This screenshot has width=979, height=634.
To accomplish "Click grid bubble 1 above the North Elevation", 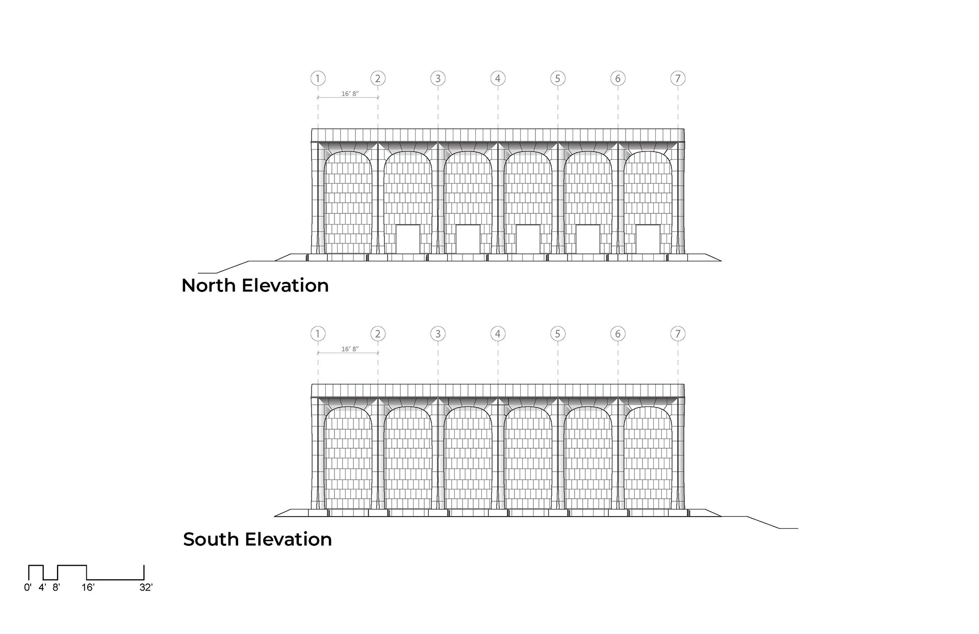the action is tap(318, 78).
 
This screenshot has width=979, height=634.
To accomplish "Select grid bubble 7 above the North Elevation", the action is tap(678, 78).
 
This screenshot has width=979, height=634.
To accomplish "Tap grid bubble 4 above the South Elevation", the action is tap(498, 334).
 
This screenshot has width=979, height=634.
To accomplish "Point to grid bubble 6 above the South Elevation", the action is tap(617, 334).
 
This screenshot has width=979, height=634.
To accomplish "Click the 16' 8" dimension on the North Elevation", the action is tap(350, 94).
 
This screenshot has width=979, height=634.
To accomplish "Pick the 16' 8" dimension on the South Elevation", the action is tap(350, 349).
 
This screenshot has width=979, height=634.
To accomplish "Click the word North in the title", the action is tap(209, 285).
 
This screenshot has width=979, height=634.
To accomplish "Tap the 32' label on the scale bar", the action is tap(146, 588).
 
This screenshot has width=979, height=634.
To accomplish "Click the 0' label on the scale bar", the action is tap(28, 588).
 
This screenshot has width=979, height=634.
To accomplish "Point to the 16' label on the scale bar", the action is tap(88, 588).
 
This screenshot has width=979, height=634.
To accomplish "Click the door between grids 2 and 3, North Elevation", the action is tap(408, 239).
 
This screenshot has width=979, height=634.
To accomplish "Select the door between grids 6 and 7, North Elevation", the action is tap(648, 239).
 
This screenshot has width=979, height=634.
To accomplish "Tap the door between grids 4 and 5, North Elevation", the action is tap(528, 239).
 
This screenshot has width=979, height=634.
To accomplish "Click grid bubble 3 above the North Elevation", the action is tap(437, 78).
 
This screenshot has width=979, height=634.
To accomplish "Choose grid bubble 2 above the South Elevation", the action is tap(378, 334).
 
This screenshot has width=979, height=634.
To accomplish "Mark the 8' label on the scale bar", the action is tap(56, 588).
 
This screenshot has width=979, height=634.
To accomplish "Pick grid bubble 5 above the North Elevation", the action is tap(557, 78).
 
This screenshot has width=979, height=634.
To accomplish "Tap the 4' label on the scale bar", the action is tap(42, 588).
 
